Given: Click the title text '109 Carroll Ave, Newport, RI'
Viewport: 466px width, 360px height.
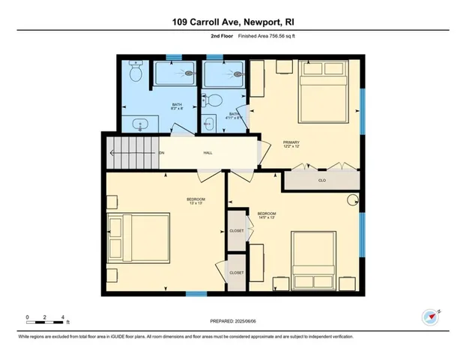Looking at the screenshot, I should pyautogui.click(x=233, y=11).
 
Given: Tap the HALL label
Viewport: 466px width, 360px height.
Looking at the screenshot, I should pyautogui.click(x=208, y=153).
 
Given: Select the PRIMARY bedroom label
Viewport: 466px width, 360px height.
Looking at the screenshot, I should pyautogui.click(x=292, y=143).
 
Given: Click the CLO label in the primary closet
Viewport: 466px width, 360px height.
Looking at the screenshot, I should pyautogui.click(x=321, y=180).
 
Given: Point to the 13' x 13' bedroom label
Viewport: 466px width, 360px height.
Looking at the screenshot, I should pyautogui.click(x=196, y=201).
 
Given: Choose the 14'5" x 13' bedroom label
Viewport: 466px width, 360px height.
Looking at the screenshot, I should pyautogui.click(x=267, y=216).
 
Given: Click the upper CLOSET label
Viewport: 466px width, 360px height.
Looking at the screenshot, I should pyautogui.click(x=237, y=232).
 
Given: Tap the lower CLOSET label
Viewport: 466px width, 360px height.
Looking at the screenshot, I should pyautogui.click(x=237, y=273).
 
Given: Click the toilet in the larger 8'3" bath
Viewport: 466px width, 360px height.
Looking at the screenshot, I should pyautogui.click(x=136, y=73).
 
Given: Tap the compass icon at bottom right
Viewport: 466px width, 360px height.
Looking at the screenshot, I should pyautogui.click(x=430, y=317).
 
